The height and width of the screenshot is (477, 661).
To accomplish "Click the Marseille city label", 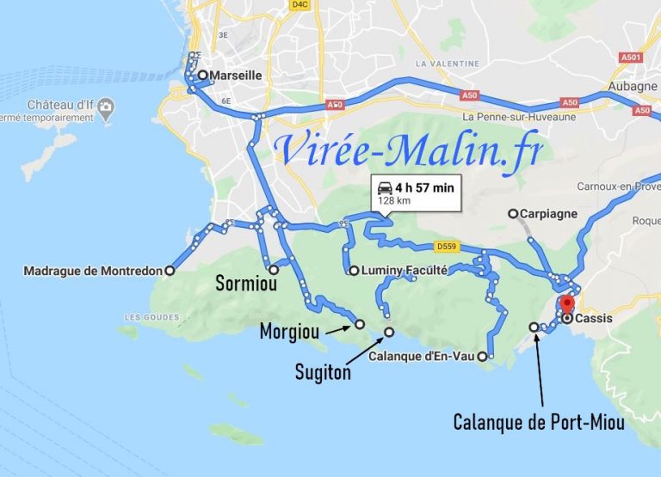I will coord(236,76).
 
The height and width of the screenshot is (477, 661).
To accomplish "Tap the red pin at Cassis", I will coord(566,305).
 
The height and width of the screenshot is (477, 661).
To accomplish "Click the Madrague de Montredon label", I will coord(93,272).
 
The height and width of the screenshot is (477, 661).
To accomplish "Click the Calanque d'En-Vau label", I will coord(422,356).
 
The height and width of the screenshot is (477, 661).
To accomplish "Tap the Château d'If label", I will coord(59,105).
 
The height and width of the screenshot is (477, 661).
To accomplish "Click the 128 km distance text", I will coord(392,201).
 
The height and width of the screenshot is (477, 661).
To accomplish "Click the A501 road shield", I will coord(631,58).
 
